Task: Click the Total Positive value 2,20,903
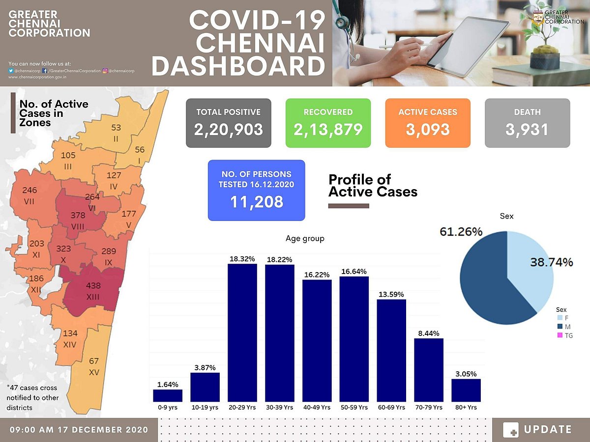point(228,130)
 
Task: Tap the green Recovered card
point(328,123)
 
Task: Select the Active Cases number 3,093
point(428,130)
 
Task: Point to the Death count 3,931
point(527,130)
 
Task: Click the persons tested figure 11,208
point(256,201)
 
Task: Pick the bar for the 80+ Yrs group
point(466,390)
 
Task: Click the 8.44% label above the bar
point(429,332)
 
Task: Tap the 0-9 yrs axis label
point(168,408)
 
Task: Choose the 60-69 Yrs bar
point(391,351)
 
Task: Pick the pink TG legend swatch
point(560,335)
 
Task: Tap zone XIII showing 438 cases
point(93,291)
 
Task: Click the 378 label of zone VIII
point(78,216)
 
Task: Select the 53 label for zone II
point(116,128)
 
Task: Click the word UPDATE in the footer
point(548,429)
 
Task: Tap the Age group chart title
point(305,239)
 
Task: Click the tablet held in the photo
point(467,44)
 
